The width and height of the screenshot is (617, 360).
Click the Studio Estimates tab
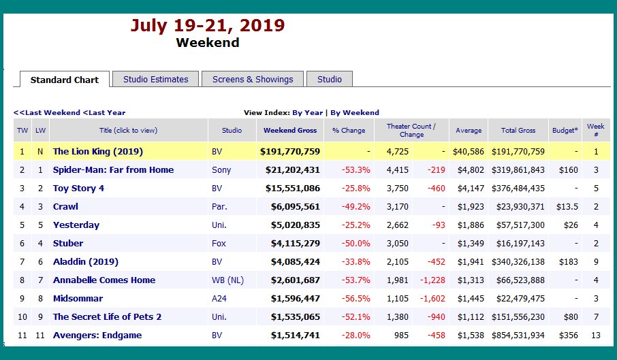[x=155, y=79]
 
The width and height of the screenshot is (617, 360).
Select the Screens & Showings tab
[x=253, y=79]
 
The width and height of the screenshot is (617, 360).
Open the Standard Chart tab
[x=65, y=80]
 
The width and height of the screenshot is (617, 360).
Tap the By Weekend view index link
[x=355, y=113]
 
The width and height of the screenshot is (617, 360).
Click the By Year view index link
[x=307, y=113]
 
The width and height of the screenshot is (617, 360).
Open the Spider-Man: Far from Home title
[x=113, y=169]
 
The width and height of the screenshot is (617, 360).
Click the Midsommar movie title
[x=78, y=298]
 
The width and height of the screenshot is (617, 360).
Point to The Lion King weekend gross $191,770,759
[x=290, y=151]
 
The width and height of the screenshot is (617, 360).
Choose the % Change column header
[x=349, y=130]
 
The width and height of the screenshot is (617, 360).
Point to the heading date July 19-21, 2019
[x=208, y=26]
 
